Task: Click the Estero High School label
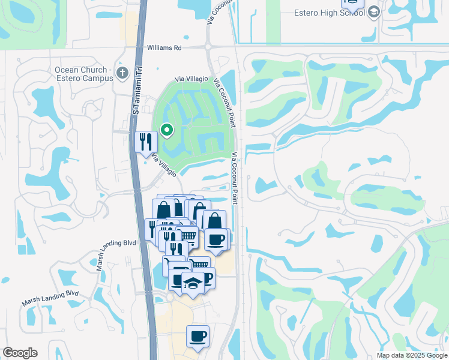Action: point(330,13)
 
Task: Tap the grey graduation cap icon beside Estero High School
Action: point(374,13)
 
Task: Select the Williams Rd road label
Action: point(164,47)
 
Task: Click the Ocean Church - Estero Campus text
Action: point(84,74)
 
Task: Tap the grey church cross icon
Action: point(122,74)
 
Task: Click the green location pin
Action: point(166,129)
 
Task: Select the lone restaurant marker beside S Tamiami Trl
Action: point(146,142)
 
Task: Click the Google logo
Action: point(20,352)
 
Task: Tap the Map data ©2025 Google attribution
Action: point(411,355)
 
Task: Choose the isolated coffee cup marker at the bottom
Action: point(197,337)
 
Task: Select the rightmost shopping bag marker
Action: point(214,220)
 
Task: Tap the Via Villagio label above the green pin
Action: point(191,79)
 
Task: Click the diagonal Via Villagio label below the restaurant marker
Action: point(164,166)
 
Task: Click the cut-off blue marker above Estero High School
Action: point(352,3)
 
